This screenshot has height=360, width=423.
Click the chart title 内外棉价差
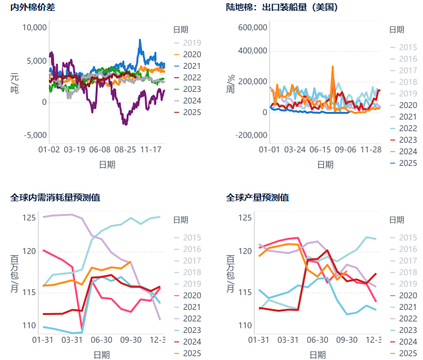[x=32, y=8]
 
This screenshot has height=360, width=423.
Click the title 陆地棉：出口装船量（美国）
[x=282, y=8]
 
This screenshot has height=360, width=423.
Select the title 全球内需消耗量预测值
[x=55, y=197]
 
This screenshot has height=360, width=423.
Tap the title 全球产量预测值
[x=257, y=197]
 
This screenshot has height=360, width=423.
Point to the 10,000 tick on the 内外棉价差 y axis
[x=35, y=28]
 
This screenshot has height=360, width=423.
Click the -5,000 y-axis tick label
[x=35, y=135]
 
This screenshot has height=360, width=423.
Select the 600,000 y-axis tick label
[x=252, y=28]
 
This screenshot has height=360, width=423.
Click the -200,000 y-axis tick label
[x=251, y=135]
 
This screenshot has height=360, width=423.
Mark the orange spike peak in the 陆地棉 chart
[x=332, y=66]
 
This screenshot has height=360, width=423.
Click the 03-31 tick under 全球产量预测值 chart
[x=288, y=339]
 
